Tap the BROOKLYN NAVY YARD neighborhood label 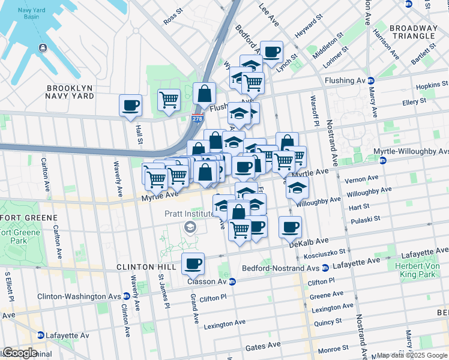[70, 92]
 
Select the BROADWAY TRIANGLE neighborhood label [413, 32]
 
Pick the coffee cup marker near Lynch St [271, 52]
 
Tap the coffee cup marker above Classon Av [193, 263]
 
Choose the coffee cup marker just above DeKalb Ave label [290, 227]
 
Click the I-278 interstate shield [197, 119]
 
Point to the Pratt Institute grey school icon [190, 226]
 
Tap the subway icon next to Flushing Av [371, 80]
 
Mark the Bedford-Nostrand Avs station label [280, 268]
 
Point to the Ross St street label [173, 17]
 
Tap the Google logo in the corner [19, 353]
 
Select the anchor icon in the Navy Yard [43, 48]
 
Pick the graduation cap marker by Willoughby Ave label [297, 187]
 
